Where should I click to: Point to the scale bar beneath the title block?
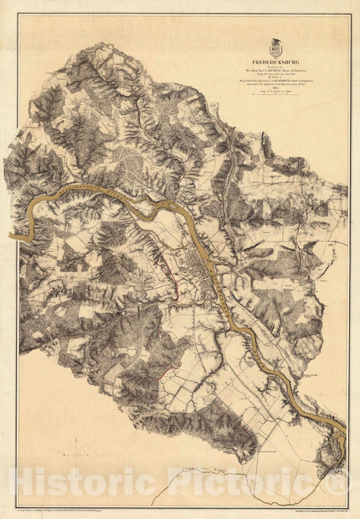[x=275, y=94]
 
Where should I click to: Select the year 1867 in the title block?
[x=275, y=86]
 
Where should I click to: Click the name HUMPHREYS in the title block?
[x=284, y=78]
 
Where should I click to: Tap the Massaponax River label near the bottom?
[x=203, y=470]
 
